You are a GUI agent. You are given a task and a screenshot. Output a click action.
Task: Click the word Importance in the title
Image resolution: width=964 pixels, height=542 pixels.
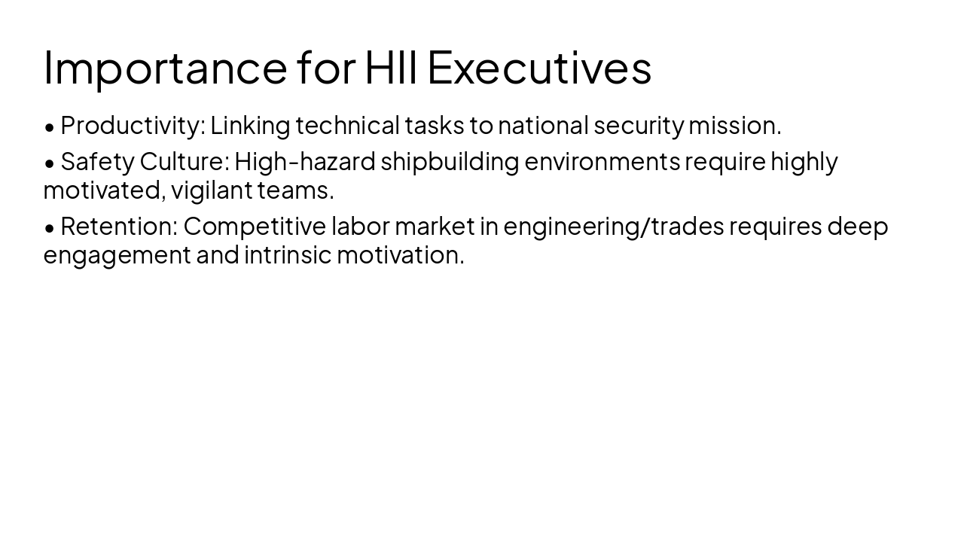(x=165, y=68)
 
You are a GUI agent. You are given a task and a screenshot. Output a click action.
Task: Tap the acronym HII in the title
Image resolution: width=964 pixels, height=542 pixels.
(x=392, y=68)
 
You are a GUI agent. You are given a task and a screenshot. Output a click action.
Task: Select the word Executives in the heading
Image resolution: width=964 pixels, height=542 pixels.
(x=539, y=68)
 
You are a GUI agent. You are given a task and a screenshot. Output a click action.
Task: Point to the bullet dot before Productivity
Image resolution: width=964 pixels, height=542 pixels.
(x=50, y=127)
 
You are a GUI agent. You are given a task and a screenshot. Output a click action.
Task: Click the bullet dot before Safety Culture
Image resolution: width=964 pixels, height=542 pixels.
(x=50, y=163)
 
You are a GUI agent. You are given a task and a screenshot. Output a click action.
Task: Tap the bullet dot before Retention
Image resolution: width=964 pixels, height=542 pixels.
(x=50, y=227)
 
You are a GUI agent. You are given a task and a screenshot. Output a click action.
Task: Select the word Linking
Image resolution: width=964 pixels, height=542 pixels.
(x=250, y=126)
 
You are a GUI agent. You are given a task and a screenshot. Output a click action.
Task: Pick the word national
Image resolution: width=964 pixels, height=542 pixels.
(x=542, y=126)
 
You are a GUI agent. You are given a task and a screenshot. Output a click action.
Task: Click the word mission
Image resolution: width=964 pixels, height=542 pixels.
(x=734, y=126)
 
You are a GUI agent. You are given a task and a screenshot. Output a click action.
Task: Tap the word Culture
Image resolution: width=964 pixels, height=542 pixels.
(x=185, y=162)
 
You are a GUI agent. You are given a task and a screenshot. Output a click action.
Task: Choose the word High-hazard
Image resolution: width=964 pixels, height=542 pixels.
(x=305, y=162)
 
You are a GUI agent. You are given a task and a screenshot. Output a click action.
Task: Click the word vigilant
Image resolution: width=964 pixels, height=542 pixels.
(x=211, y=190)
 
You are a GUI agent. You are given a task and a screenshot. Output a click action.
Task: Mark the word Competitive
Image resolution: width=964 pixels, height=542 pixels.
(x=255, y=226)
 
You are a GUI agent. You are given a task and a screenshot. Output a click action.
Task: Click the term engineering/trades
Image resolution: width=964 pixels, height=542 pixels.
(x=613, y=226)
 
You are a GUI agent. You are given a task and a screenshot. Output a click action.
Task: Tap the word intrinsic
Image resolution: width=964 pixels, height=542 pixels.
(x=288, y=255)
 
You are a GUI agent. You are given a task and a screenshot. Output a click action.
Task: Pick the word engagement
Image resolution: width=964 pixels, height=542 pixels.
(x=117, y=255)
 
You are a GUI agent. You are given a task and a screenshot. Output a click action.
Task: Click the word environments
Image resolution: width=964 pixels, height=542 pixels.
(x=602, y=162)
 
